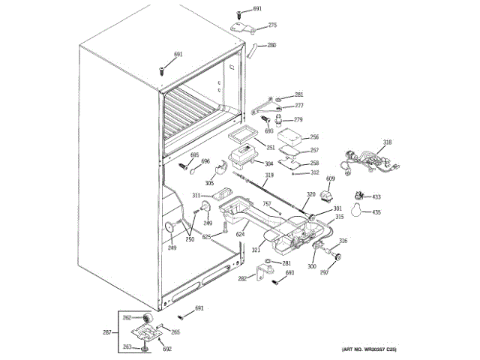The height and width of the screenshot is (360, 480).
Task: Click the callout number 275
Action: point(272,25)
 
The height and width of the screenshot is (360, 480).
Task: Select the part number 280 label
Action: point(271,45)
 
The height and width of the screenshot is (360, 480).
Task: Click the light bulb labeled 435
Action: point(358,211)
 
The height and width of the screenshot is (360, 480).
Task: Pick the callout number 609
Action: point(330,178)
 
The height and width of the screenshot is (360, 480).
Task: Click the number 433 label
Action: point(377,197)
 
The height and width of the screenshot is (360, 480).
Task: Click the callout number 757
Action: point(265,203)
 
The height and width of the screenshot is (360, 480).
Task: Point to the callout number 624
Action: point(241,235)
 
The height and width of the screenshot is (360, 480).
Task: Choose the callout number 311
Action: point(196,195)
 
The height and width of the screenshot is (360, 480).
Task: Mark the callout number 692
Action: point(168,349)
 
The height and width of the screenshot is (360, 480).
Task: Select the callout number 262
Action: point(127,317)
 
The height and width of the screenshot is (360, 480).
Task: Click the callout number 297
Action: point(325,273)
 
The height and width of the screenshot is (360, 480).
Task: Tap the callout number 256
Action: point(314,137)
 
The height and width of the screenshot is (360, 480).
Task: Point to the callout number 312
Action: point(315,172)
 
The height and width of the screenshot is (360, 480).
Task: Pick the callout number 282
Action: point(241,278)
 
